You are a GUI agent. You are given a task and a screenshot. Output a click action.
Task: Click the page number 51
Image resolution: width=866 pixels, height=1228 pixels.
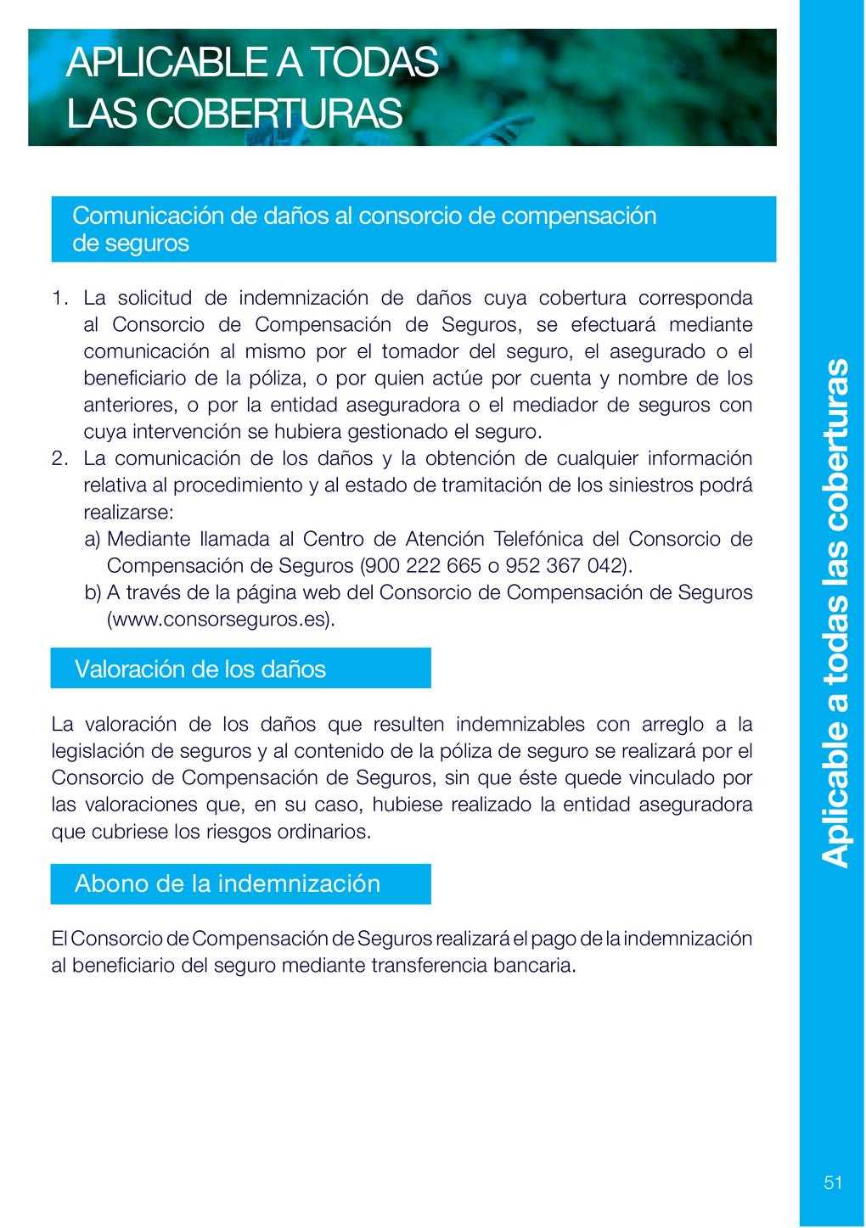832,1183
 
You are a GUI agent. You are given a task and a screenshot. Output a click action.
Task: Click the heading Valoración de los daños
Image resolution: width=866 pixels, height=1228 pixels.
200,669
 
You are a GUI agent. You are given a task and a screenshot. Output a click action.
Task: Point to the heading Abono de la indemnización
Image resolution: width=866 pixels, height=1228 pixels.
228,883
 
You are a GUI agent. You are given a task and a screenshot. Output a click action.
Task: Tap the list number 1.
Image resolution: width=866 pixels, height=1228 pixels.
58,298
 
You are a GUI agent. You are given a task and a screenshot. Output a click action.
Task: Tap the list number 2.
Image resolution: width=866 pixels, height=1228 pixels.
59,459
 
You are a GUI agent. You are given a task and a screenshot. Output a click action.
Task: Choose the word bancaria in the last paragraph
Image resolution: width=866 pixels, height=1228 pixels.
537,966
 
